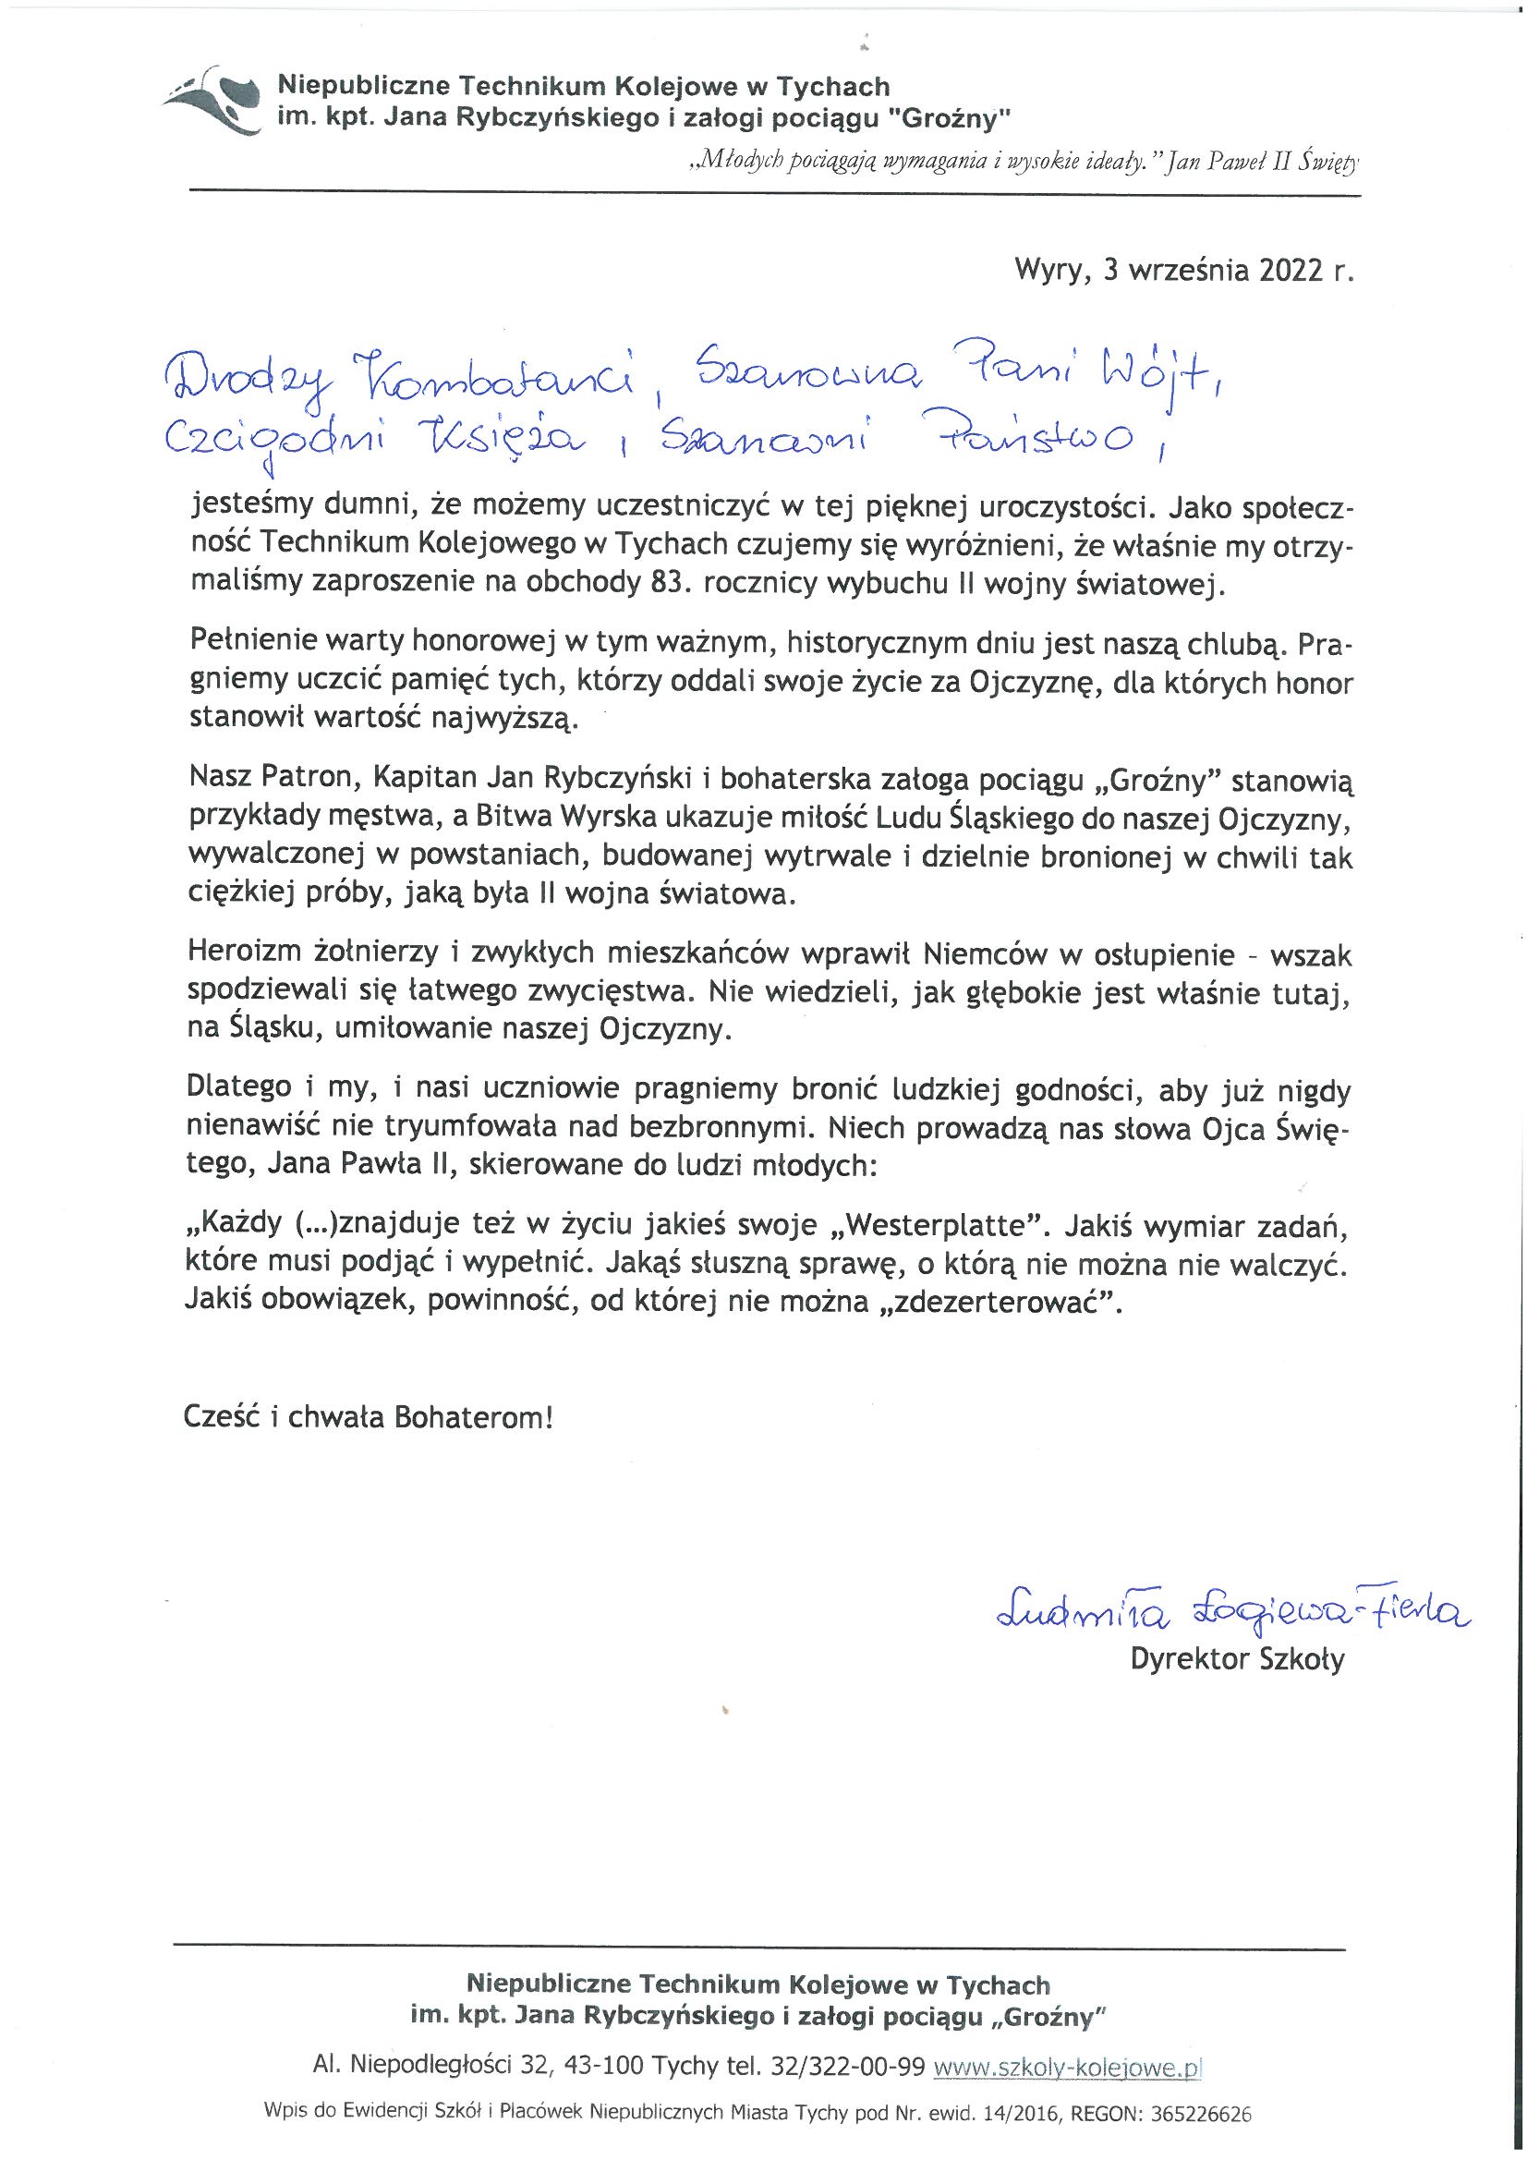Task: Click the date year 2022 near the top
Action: pyautogui.click(x=1285, y=271)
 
